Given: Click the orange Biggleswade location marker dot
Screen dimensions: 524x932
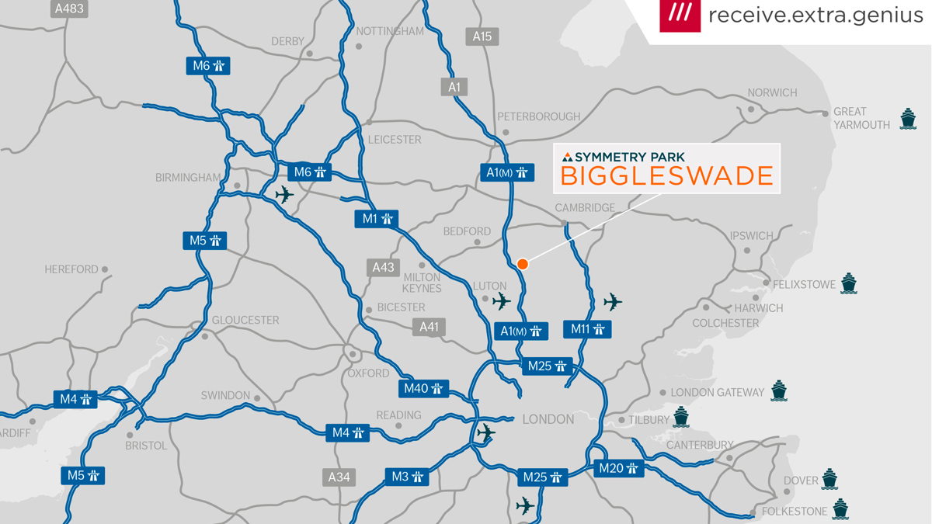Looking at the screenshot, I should [x=523, y=264].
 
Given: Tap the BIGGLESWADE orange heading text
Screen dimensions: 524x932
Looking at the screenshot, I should [x=666, y=176].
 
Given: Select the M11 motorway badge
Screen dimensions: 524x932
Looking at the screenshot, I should [x=587, y=329].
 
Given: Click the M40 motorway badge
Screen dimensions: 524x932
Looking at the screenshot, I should [x=424, y=388].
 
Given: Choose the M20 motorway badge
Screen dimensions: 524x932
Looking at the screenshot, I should [x=619, y=468].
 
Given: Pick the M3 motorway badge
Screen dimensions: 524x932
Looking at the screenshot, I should [x=407, y=476].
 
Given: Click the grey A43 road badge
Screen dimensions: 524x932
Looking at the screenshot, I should [x=383, y=268].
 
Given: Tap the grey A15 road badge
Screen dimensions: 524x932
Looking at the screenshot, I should [x=482, y=36].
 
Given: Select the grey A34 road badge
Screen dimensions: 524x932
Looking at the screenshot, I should [x=339, y=477].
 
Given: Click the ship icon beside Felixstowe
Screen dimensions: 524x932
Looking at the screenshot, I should [x=849, y=283].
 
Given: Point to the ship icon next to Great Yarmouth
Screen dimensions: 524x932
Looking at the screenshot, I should [x=908, y=119].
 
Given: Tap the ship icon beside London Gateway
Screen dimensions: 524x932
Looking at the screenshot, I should [x=779, y=391].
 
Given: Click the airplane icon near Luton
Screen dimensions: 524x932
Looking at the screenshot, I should [x=502, y=300].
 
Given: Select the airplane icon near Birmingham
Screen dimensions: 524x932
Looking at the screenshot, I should [x=284, y=194].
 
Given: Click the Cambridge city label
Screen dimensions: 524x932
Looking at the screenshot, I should [x=585, y=208].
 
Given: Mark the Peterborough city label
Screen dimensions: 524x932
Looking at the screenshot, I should [x=538, y=116].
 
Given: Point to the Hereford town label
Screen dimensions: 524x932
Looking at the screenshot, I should [x=71, y=269].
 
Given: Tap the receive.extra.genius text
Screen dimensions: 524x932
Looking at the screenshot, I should [x=815, y=15].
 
